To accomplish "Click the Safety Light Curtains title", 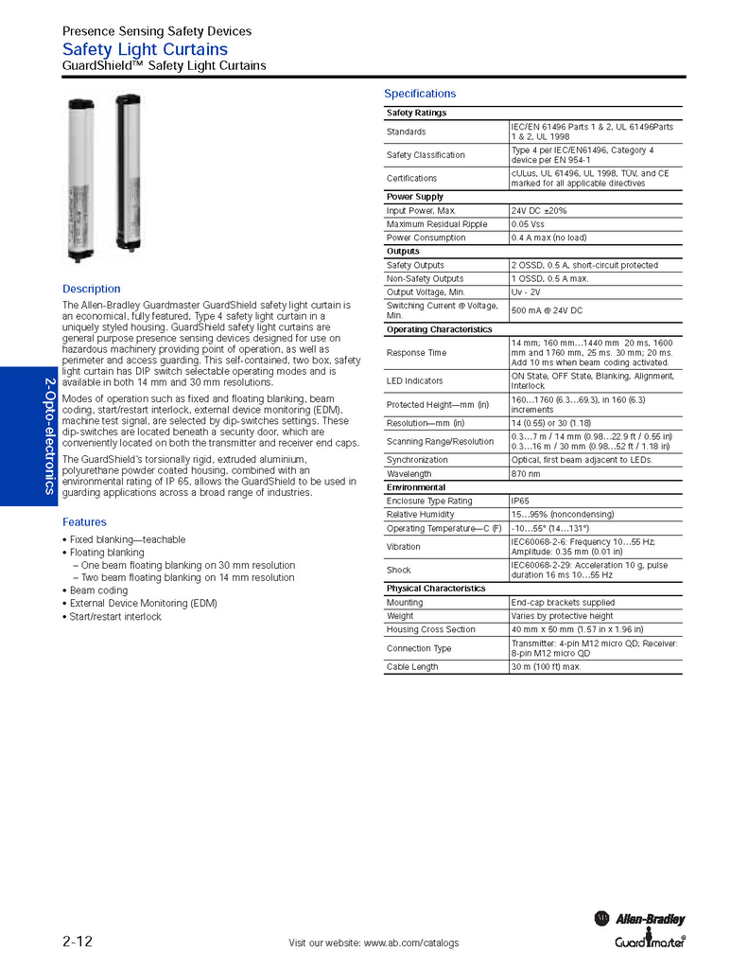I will (145, 49).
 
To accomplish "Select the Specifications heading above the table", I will (419, 94).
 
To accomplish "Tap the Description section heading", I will (92, 289).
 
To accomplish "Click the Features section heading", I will (84, 522).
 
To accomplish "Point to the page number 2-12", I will (78, 942).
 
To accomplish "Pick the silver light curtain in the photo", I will (79, 179).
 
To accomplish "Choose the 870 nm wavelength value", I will (526, 473).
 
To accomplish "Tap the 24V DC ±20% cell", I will (539, 210).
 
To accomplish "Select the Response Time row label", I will (416, 353).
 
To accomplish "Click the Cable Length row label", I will (412, 667).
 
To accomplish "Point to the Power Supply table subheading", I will (415, 197).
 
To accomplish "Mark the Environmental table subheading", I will (416, 487).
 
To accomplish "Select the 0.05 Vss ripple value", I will (528, 224).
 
